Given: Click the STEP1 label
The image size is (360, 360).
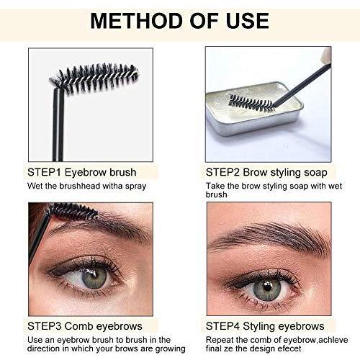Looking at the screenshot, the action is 44,172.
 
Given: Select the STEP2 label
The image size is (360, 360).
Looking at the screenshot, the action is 222,172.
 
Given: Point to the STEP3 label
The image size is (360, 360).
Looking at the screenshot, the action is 44,326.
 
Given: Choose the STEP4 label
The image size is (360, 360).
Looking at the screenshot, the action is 222,326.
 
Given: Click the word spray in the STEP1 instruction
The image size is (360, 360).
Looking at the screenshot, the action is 135,186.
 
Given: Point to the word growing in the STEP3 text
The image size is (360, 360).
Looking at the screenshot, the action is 170,349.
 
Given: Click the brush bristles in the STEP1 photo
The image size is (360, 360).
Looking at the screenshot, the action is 95,77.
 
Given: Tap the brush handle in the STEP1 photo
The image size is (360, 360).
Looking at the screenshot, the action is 58,125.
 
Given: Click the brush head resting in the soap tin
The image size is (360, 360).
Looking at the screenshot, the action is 251,103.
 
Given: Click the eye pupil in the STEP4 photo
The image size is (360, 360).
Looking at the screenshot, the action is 267,287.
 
